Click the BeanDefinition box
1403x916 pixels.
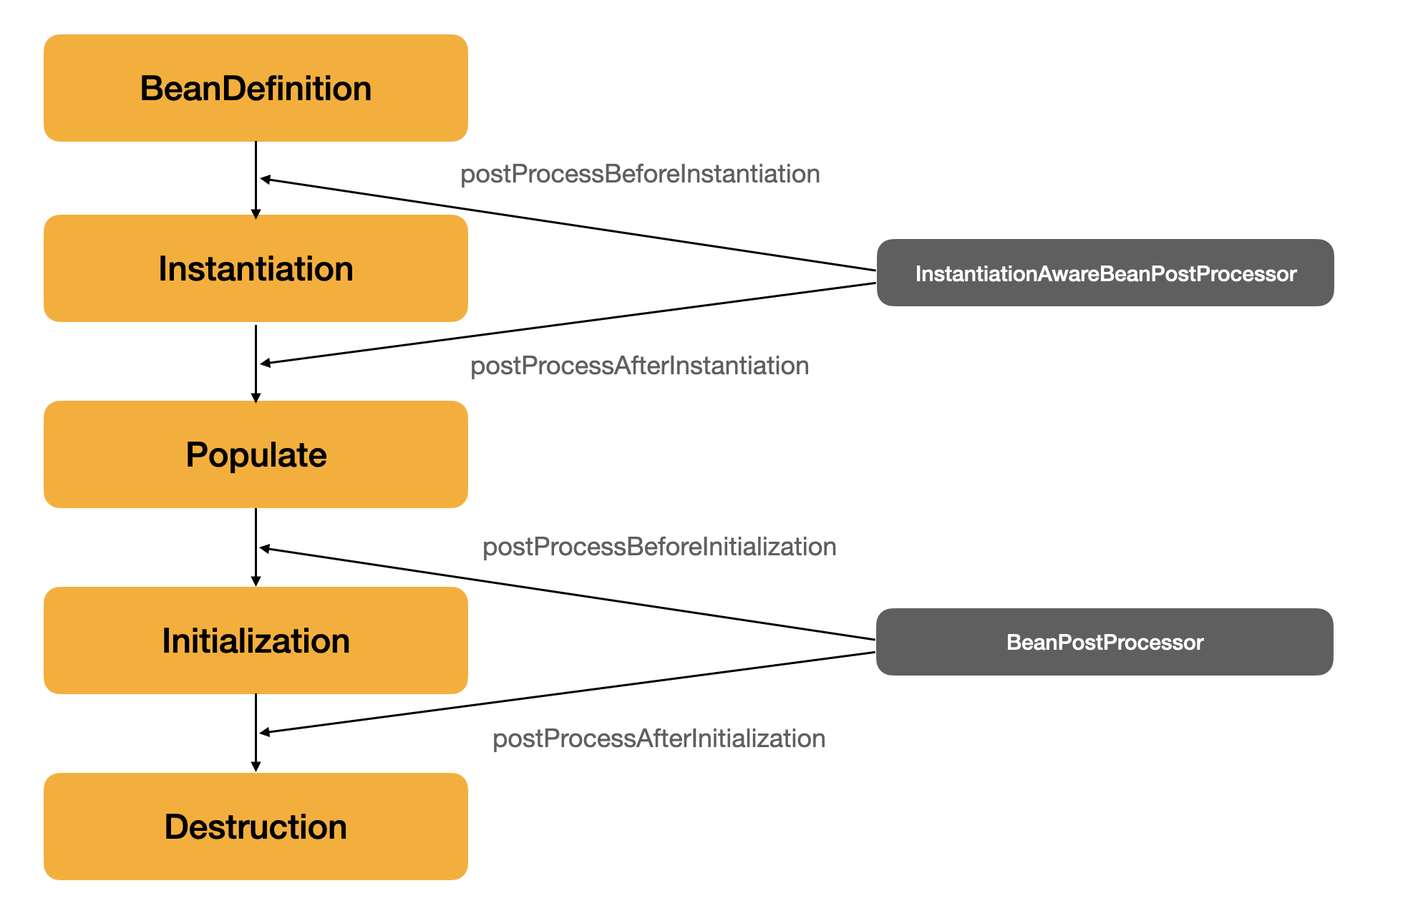[x=256, y=88]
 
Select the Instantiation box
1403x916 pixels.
[x=256, y=268]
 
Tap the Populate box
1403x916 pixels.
[x=256, y=454]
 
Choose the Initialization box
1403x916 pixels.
[x=256, y=640]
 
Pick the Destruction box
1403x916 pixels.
[x=256, y=827]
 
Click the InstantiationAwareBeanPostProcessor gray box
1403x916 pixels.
[x=1105, y=273]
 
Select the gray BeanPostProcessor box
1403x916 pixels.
[x=1105, y=642]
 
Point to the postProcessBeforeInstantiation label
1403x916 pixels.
[x=640, y=174]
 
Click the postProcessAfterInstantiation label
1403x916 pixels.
[x=639, y=366]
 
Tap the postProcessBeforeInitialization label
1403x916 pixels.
[x=659, y=547]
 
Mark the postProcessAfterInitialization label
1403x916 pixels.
[x=659, y=739]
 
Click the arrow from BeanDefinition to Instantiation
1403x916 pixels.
[x=256, y=180]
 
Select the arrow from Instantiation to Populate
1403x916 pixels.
[x=256, y=364]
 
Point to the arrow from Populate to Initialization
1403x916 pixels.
[x=256, y=547]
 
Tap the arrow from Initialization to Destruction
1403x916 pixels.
[x=256, y=733]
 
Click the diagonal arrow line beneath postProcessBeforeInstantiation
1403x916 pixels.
[x=568, y=224]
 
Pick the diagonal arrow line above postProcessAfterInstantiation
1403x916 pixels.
[x=568, y=323]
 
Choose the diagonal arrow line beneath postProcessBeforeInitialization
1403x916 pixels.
[x=568, y=593]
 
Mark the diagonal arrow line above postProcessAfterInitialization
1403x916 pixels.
[x=568, y=693]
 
